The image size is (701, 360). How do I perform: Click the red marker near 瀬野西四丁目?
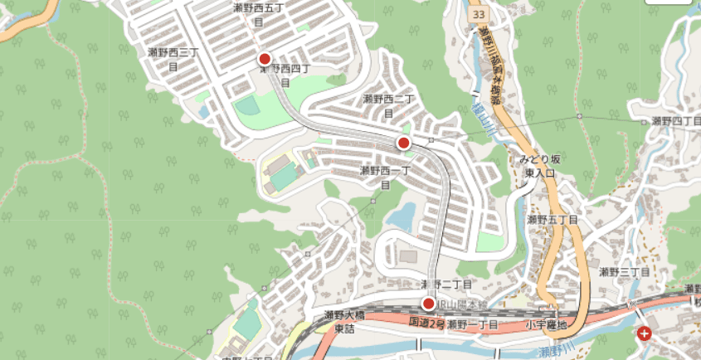(x=265, y=59)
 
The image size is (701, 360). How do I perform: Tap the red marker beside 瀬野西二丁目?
(x=404, y=144)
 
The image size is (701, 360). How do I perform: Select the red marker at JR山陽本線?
(x=429, y=304)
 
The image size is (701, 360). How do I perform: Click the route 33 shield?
(x=477, y=16)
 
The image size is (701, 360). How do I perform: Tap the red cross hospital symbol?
(x=645, y=333)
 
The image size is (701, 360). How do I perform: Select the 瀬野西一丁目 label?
(x=384, y=178)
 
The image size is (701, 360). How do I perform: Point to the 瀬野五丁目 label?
(x=553, y=220)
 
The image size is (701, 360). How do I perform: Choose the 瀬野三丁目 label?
(x=623, y=271)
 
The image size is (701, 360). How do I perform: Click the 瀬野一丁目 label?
(x=472, y=324)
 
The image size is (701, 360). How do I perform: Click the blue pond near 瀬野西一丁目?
(x=400, y=217)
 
